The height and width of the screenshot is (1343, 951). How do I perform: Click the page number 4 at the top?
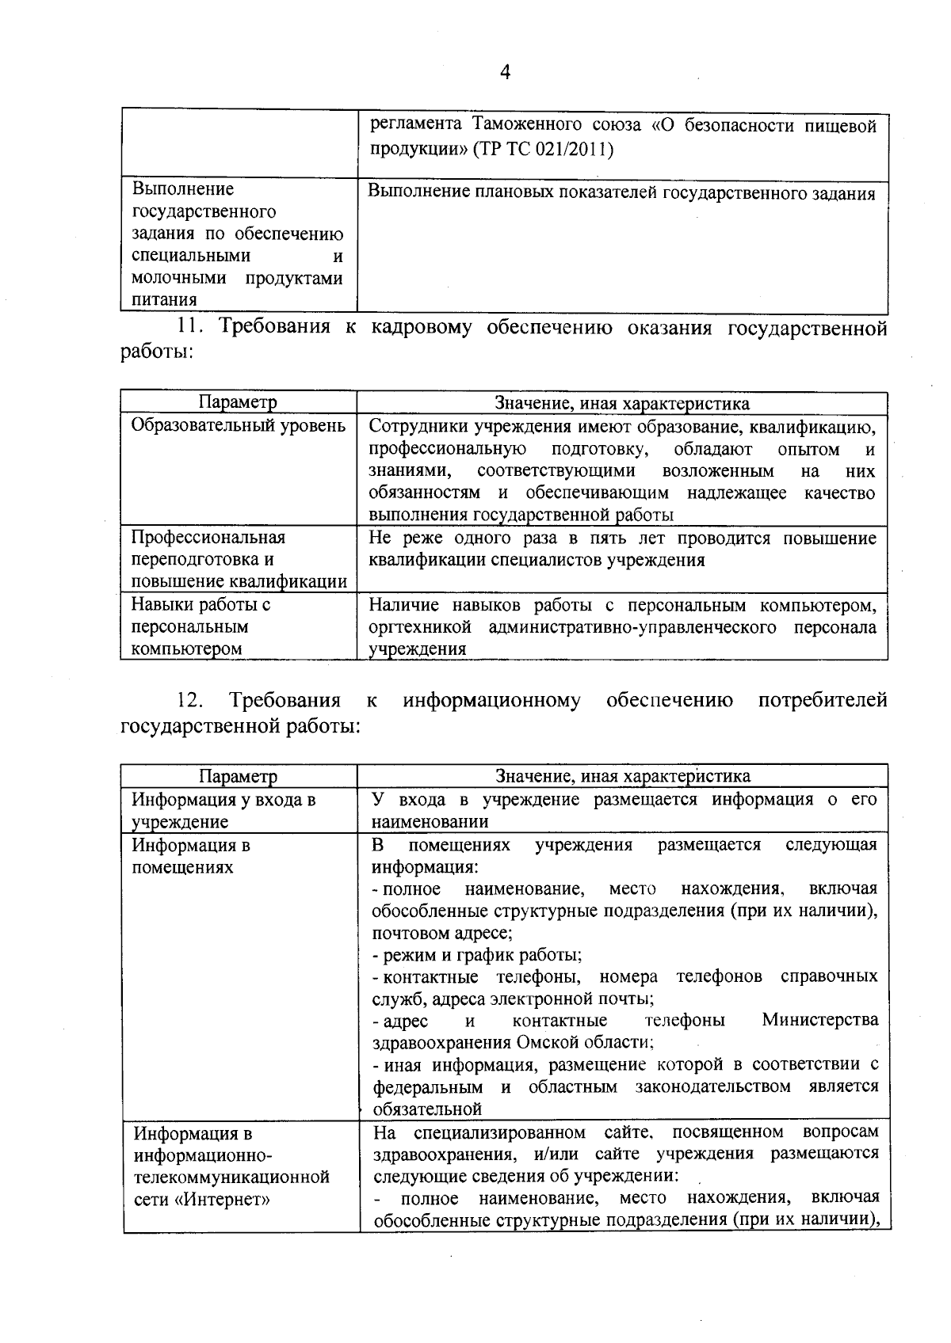505,72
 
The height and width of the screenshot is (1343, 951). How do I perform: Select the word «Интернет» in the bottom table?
221,1199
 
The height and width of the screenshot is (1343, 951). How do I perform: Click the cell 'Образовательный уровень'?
238,426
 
